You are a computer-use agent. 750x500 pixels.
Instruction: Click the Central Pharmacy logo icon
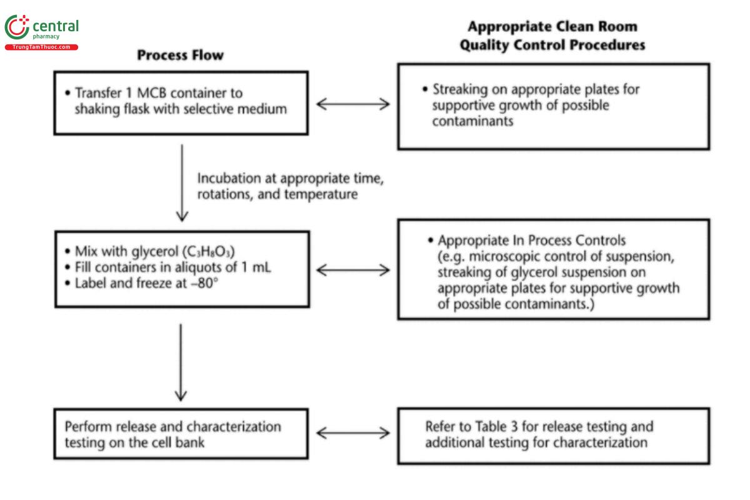(x=17, y=28)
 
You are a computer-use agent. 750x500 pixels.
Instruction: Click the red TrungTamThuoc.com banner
(x=41, y=47)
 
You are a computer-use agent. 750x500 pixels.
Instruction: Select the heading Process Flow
(x=180, y=55)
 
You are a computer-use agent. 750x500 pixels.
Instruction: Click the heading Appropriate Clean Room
(x=552, y=27)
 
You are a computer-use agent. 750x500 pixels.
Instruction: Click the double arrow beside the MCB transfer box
(x=353, y=103)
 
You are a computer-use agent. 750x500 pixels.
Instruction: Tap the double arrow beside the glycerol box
(x=353, y=270)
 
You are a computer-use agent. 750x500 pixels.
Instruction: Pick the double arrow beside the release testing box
(x=353, y=432)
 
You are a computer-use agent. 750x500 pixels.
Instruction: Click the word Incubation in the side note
(x=227, y=179)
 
